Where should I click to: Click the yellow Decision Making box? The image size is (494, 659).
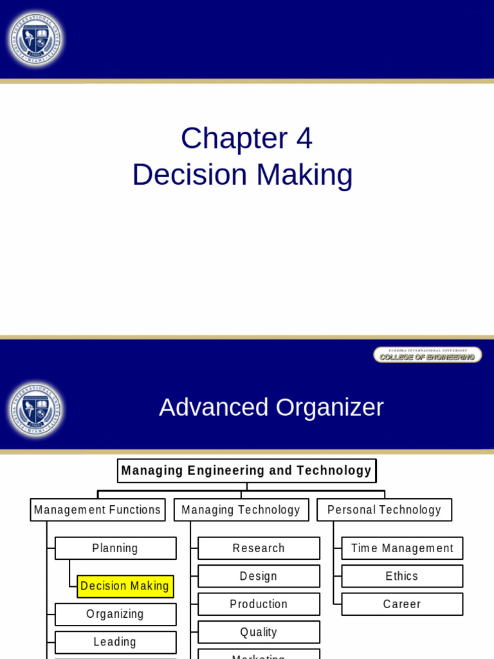pyautogui.click(x=125, y=586)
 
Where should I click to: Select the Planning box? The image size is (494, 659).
pyautogui.click(x=116, y=548)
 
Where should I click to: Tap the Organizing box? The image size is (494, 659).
pyautogui.click(x=116, y=615)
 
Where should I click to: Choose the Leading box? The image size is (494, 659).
pyautogui.click(x=116, y=642)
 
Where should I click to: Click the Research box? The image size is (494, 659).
pyautogui.click(x=259, y=548)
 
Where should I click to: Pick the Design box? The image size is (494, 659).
pyautogui.click(x=259, y=576)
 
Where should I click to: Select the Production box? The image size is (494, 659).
pyautogui.click(x=259, y=604)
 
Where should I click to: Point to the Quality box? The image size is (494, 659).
pyautogui.click(x=259, y=632)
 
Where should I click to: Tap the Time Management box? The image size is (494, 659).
pyautogui.click(x=402, y=548)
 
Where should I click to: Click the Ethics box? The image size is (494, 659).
pyautogui.click(x=402, y=576)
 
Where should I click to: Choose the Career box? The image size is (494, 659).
pyautogui.click(x=402, y=604)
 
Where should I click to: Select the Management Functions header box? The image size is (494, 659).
pyautogui.click(x=98, y=510)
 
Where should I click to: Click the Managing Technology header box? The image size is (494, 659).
pyautogui.click(x=241, y=510)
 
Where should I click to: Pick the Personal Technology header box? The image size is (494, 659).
pyautogui.click(x=384, y=510)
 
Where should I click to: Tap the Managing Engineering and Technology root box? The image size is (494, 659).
pyautogui.click(x=246, y=470)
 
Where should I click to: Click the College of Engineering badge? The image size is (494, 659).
pyautogui.click(x=427, y=355)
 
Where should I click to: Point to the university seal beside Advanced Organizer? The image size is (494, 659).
pyautogui.click(x=35, y=411)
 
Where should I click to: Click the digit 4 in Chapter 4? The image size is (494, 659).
pyautogui.click(x=304, y=138)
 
